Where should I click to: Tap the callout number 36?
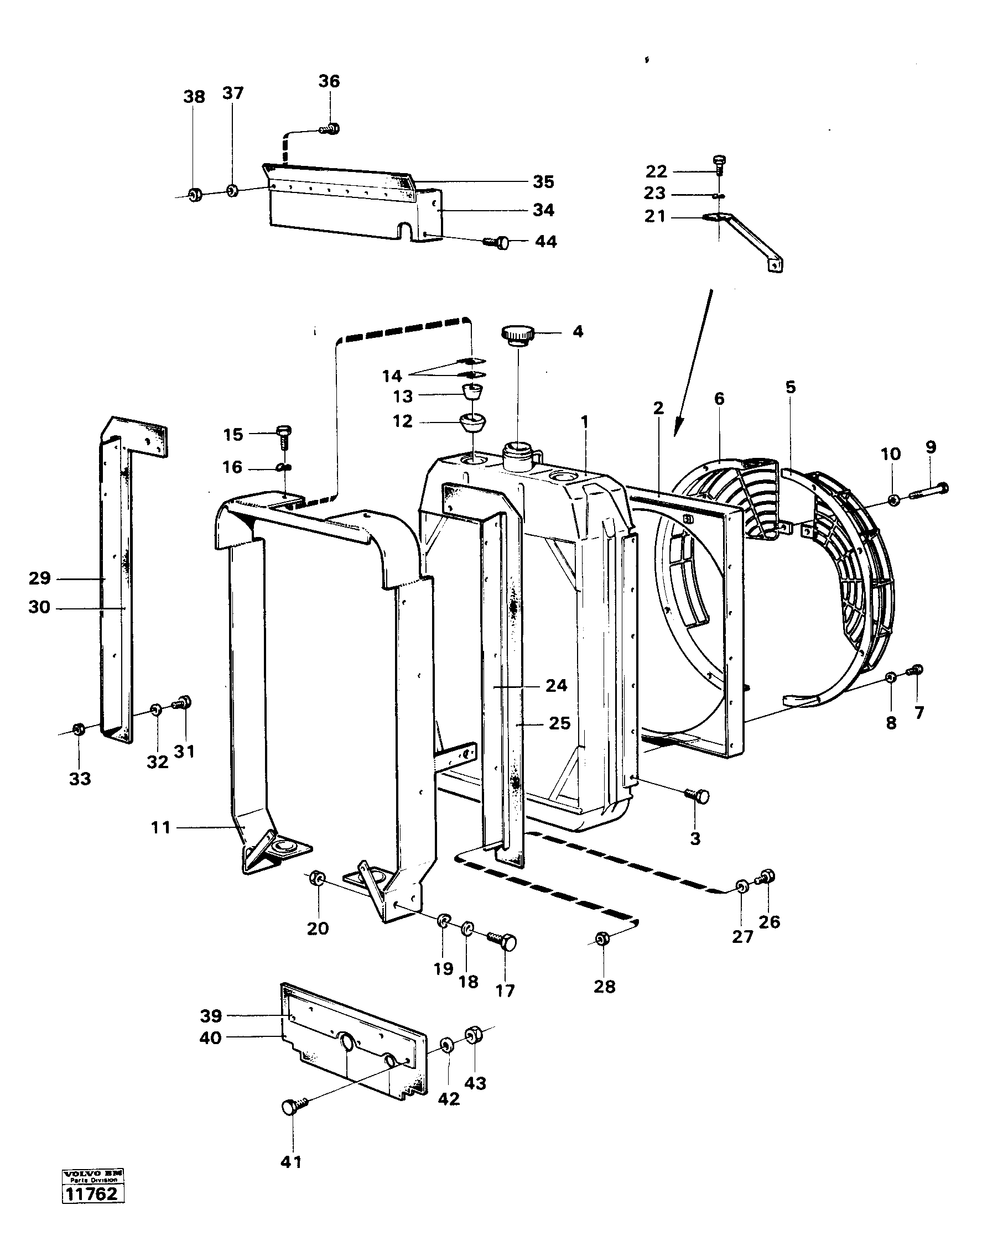tap(329, 81)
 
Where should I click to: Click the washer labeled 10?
tap(893, 499)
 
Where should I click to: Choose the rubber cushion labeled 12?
tap(474, 421)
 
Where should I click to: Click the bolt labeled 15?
tap(284, 434)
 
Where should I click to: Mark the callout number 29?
tap(40, 578)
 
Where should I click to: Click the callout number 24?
tap(557, 686)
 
